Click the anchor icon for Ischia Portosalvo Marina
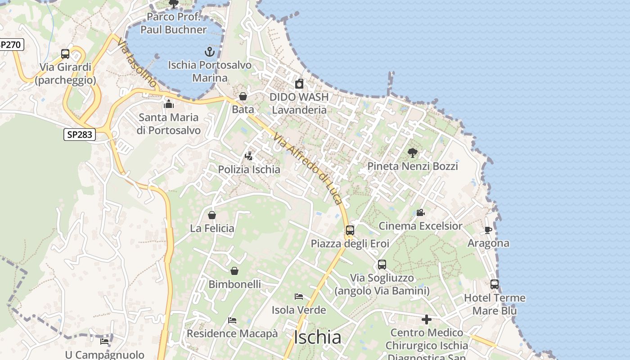(x=209, y=52)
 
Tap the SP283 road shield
(x=80, y=135)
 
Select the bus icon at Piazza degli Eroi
(x=350, y=230)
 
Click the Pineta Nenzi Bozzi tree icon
(x=412, y=153)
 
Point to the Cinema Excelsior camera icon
(x=420, y=212)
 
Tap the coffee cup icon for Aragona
(x=488, y=230)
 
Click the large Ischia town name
(x=317, y=337)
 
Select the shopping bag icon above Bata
(x=243, y=96)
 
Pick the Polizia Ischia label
(x=249, y=170)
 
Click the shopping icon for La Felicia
(x=212, y=215)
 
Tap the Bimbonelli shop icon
(x=234, y=271)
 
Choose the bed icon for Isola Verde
(x=298, y=297)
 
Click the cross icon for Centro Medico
(x=427, y=319)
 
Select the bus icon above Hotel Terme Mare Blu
(x=495, y=284)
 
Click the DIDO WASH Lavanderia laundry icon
(x=299, y=84)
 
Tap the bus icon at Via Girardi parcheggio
(x=65, y=54)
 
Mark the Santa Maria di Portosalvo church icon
(x=169, y=104)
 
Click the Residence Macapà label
(x=232, y=333)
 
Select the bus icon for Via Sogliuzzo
(x=382, y=265)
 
